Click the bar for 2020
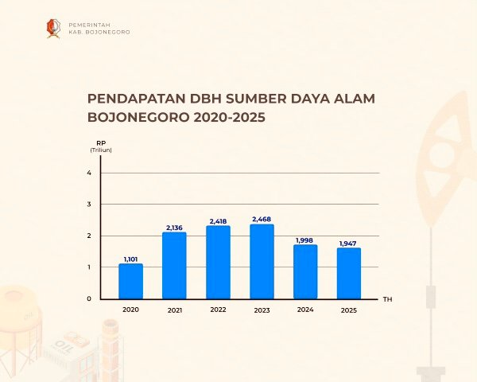pos(131,281)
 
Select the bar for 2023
pos(262,262)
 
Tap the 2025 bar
pos(349,273)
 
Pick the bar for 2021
pos(174,266)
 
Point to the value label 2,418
pos(218,221)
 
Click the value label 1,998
pos(304,240)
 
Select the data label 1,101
pos(131,259)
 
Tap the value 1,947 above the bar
pos(348,244)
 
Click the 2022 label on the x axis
pos(218,310)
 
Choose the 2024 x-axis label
pos(305,310)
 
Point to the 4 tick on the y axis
pos(89,173)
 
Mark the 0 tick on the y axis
pos(89,298)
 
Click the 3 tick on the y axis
pos(89,204)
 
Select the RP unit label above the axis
pos(101,143)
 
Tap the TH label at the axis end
pos(388,299)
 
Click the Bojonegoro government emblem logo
pos(53,29)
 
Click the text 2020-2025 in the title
pos(230,117)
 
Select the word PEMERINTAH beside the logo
pos(89,25)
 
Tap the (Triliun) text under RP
pos(101,150)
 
